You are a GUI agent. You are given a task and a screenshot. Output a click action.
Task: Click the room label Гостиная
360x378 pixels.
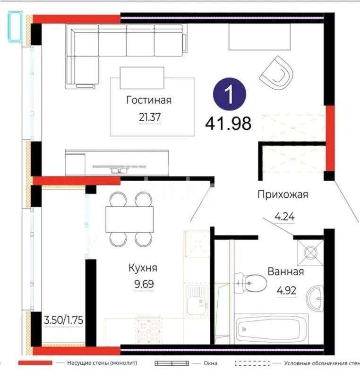148,100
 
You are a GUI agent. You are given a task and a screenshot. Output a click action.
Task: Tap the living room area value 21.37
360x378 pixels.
148,117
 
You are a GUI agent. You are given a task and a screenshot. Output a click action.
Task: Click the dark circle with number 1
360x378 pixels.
229,94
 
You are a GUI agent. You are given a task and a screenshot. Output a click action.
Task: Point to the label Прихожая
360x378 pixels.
283,194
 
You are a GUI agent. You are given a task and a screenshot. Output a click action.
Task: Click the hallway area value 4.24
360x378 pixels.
284,217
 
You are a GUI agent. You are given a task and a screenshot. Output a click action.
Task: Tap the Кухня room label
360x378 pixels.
143,268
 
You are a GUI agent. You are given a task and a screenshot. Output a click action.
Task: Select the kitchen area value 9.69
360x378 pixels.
144,285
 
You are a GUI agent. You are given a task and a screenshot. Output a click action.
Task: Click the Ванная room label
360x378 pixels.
285,272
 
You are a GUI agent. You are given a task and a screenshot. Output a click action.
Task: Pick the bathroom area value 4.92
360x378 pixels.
286,290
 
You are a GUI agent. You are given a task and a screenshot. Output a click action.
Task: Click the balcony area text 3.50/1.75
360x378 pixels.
63,320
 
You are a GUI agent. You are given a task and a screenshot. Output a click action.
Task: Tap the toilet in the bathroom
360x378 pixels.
250,282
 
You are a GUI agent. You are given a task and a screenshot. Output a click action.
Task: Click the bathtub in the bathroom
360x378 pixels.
272,328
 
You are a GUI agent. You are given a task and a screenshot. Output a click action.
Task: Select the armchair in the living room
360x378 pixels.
276,73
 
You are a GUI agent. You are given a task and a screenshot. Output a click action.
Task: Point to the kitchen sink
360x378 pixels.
196,300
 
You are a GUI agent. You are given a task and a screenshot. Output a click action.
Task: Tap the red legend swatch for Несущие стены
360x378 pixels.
35,363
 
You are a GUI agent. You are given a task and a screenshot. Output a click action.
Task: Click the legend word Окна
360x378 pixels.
211,363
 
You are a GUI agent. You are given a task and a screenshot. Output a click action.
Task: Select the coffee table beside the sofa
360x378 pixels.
142,77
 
